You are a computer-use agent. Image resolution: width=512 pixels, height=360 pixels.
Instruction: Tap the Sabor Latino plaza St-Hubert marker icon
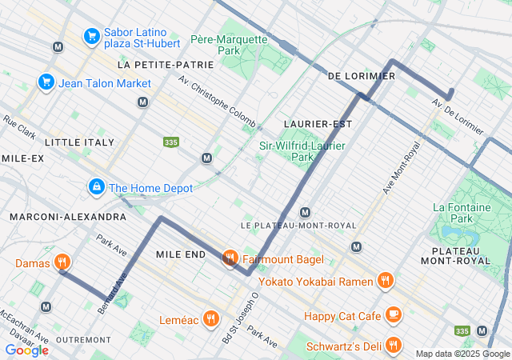pos(92,36)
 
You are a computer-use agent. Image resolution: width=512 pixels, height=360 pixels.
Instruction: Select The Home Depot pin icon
pos(96,187)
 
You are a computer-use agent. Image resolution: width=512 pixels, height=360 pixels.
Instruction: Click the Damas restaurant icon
pos(62,262)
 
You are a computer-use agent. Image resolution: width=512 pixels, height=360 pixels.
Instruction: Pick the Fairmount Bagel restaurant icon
pos(230,258)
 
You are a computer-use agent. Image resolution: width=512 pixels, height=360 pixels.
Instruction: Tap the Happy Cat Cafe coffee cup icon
pos(392,315)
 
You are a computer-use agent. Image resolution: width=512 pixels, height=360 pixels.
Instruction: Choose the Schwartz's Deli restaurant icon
pos(392,345)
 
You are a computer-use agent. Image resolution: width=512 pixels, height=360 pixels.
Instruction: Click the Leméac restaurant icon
pos(210,318)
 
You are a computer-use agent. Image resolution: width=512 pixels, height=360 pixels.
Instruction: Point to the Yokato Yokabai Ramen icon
pos(385,280)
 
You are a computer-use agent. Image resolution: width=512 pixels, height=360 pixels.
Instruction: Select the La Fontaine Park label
pos(462,212)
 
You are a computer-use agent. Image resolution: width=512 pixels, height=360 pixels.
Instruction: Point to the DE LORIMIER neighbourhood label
pos(362,75)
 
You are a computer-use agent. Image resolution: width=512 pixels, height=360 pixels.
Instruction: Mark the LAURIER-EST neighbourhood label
pos(318,123)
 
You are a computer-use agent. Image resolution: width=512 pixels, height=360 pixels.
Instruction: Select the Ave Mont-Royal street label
pos(401,168)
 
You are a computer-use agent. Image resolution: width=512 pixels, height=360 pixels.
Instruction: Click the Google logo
pos(26,350)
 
